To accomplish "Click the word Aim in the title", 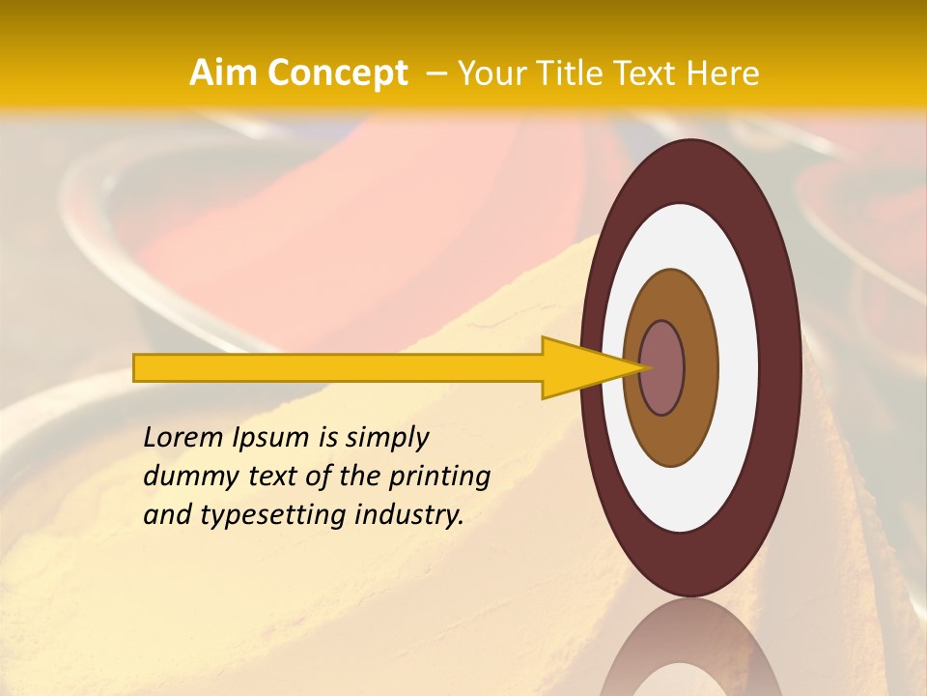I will click(224, 73).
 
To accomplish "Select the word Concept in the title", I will click(337, 73).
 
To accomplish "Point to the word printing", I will click(438, 478).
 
